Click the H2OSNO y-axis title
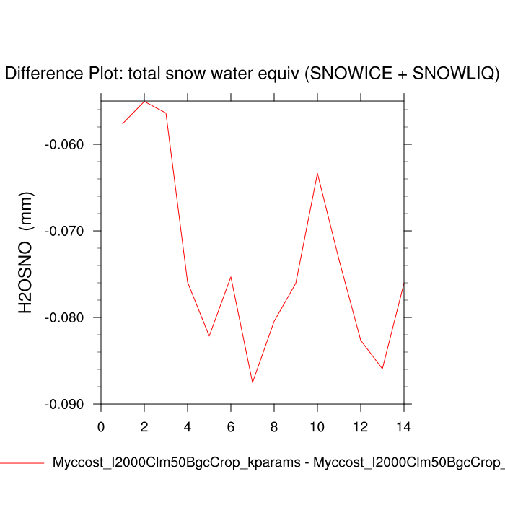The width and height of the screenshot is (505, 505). [x=26, y=252]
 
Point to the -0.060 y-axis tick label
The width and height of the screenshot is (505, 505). [x=64, y=144]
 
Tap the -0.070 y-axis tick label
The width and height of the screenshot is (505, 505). [x=64, y=231]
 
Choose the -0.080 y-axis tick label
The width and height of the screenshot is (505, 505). [x=64, y=317]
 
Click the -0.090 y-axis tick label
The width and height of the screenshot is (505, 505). [x=64, y=404]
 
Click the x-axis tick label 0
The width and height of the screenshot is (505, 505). [x=101, y=426]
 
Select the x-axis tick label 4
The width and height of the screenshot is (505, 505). [x=188, y=426]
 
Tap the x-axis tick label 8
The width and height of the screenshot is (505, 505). [x=274, y=426]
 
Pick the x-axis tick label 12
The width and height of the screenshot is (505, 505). [x=361, y=426]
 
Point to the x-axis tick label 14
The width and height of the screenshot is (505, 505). [x=404, y=426]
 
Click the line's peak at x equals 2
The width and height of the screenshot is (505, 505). [x=144, y=101]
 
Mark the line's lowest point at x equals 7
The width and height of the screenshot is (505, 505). [x=252, y=382]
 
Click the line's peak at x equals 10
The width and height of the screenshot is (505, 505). [x=317, y=173]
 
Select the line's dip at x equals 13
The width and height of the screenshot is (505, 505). [x=382, y=369]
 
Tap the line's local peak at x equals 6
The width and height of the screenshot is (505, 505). [x=231, y=277]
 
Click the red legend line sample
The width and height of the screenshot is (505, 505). [x=22, y=463]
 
